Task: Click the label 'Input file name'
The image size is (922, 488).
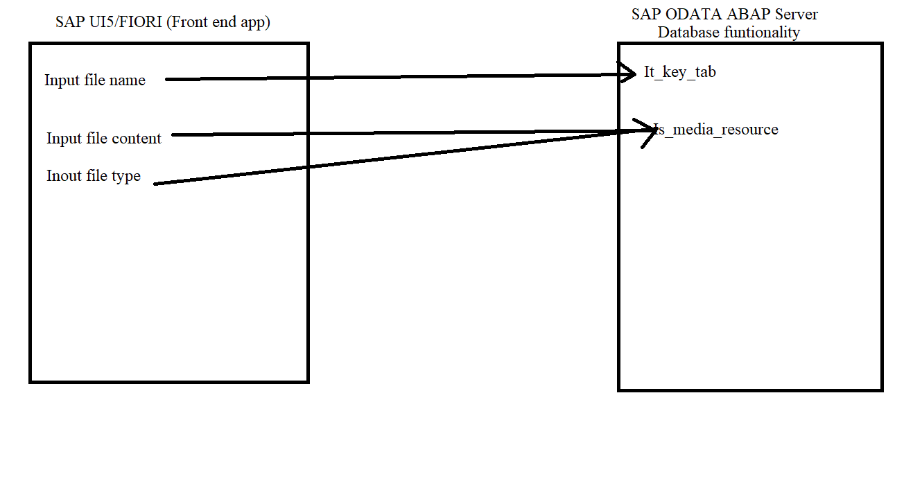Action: [x=95, y=80]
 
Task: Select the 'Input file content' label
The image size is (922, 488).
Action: [x=104, y=139]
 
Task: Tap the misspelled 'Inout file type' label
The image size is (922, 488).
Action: [x=94, y=176]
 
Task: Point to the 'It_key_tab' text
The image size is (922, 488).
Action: [x=679, y=72]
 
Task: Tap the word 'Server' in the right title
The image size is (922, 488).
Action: [x=797, y=15]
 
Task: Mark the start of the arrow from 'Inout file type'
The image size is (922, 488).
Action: [x=155, y=184]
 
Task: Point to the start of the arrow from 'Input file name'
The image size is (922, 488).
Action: [x=168, y=80]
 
